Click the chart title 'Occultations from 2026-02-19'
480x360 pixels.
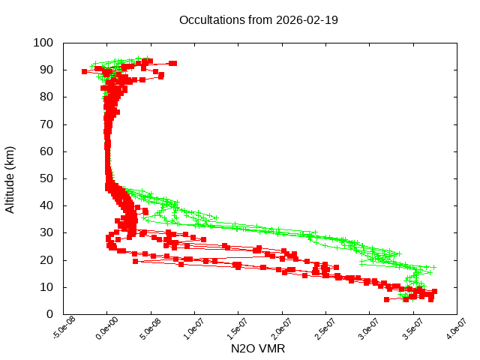click(x=259, y=20)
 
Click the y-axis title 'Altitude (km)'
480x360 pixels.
click(x=10, y=178)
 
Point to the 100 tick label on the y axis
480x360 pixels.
click(x=43, y=43)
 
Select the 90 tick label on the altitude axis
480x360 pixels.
click(x=46, y=70)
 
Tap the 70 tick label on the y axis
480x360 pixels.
click(x=46, y=124)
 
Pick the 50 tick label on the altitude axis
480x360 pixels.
click(x=46, y=178)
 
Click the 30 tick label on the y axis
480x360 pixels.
click(x=46, y=232)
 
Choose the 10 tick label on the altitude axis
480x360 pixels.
click(x=46, y=287)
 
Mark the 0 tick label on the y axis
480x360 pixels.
click(x=49, y=314)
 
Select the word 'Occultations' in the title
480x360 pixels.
click(x=214, y=20)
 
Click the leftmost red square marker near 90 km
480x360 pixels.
click(x=85, y=71)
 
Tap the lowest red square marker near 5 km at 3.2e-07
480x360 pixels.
click(x=387, y=299)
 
